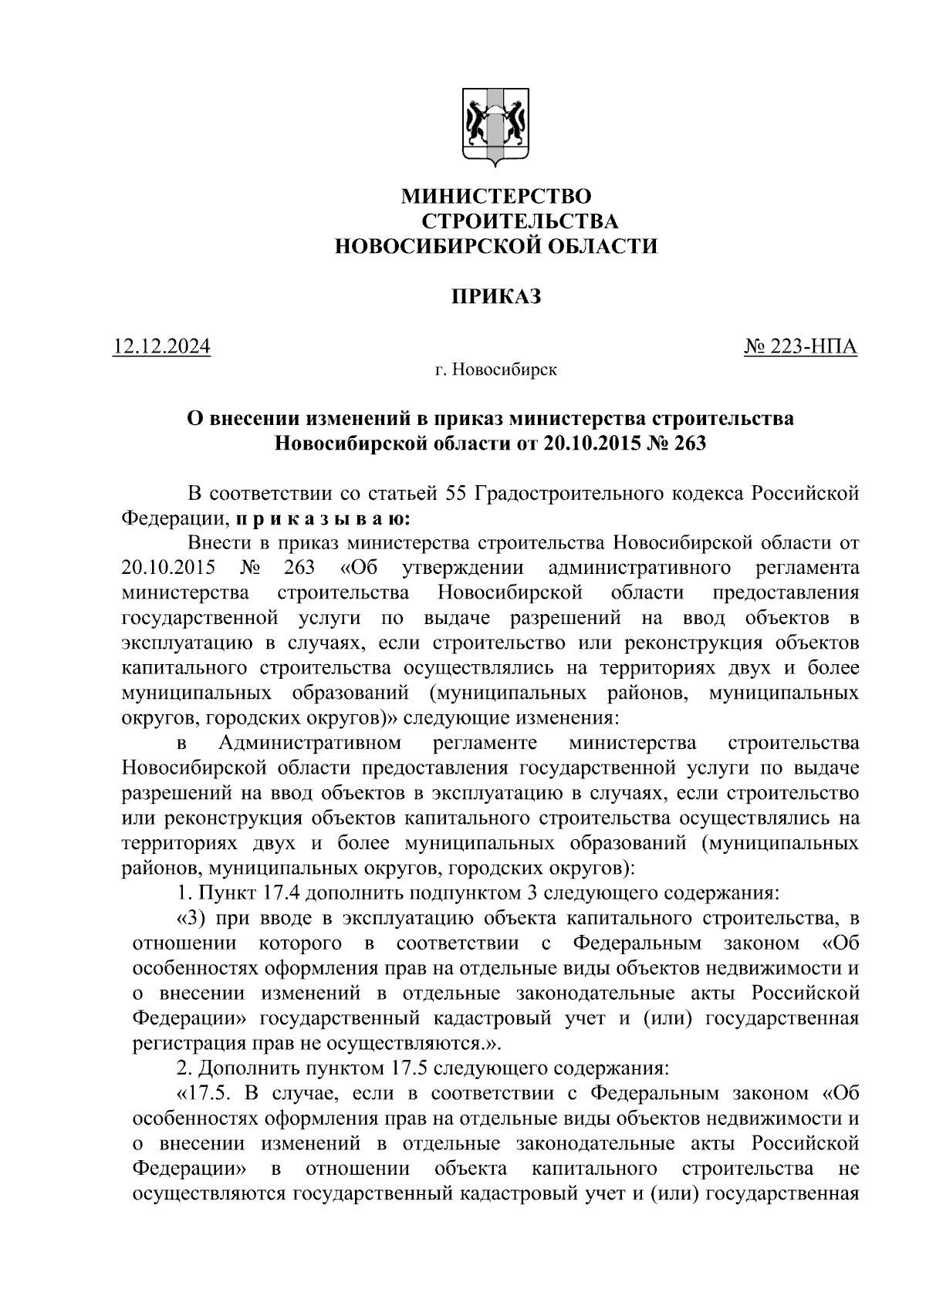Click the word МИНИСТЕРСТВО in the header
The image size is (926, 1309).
click(x=495, y=197)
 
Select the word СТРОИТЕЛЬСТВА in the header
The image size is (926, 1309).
click(x=520, y=222)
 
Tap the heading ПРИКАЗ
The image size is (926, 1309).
click(x=495, y=296)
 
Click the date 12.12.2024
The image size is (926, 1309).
click(x=161, y=347)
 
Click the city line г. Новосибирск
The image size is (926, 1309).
click(x=495, y=371)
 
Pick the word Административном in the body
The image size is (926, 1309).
click(x=309, y=743)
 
